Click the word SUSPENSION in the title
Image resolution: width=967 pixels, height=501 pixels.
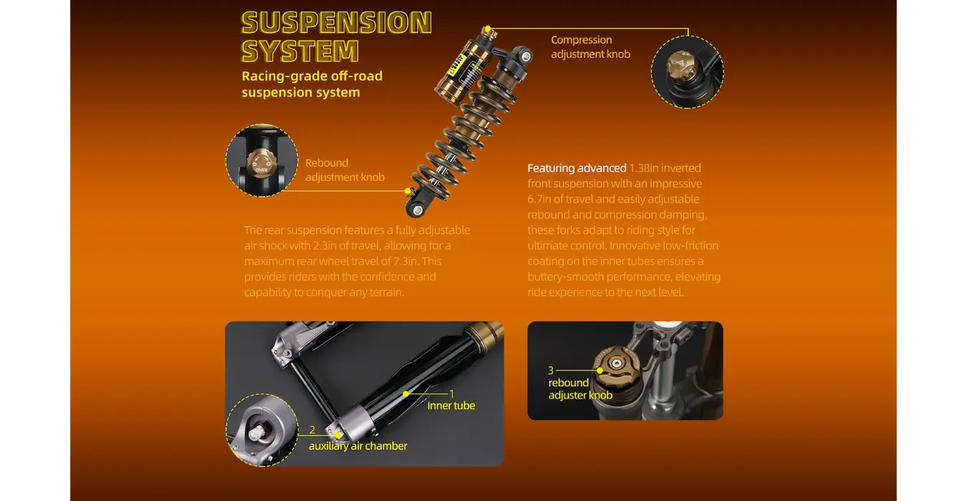tap(336, 23)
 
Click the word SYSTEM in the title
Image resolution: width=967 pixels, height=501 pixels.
tap(300, 52)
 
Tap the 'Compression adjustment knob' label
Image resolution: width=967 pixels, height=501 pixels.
tap(590, 47)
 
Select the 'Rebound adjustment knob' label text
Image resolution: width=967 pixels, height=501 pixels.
tap(345, 170)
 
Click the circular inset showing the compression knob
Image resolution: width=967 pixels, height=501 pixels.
tap(687, 72)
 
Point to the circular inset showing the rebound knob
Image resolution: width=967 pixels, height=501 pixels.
tap(261, 160)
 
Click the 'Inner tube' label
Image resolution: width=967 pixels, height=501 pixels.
tap(451, 406)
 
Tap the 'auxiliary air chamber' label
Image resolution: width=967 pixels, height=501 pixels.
tap(357, 446)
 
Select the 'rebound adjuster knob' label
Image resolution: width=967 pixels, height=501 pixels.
tap(579, 389)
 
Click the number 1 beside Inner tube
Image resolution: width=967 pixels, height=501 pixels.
tap(451, 393)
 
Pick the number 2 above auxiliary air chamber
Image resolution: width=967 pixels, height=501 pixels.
tap(312, 430)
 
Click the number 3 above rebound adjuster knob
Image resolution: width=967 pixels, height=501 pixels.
tap(551, 370)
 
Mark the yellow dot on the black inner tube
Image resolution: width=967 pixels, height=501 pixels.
tap(405, 394)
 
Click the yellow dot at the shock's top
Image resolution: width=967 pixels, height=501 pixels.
tap(487, 29)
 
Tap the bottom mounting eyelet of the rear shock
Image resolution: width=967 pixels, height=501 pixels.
tap(415, 208)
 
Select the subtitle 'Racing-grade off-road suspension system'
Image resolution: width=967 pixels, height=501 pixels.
tap(312, 84)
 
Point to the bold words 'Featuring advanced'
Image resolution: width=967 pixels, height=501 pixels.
tap(577, 168)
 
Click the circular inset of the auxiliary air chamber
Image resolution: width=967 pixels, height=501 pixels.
tap(261, 429)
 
